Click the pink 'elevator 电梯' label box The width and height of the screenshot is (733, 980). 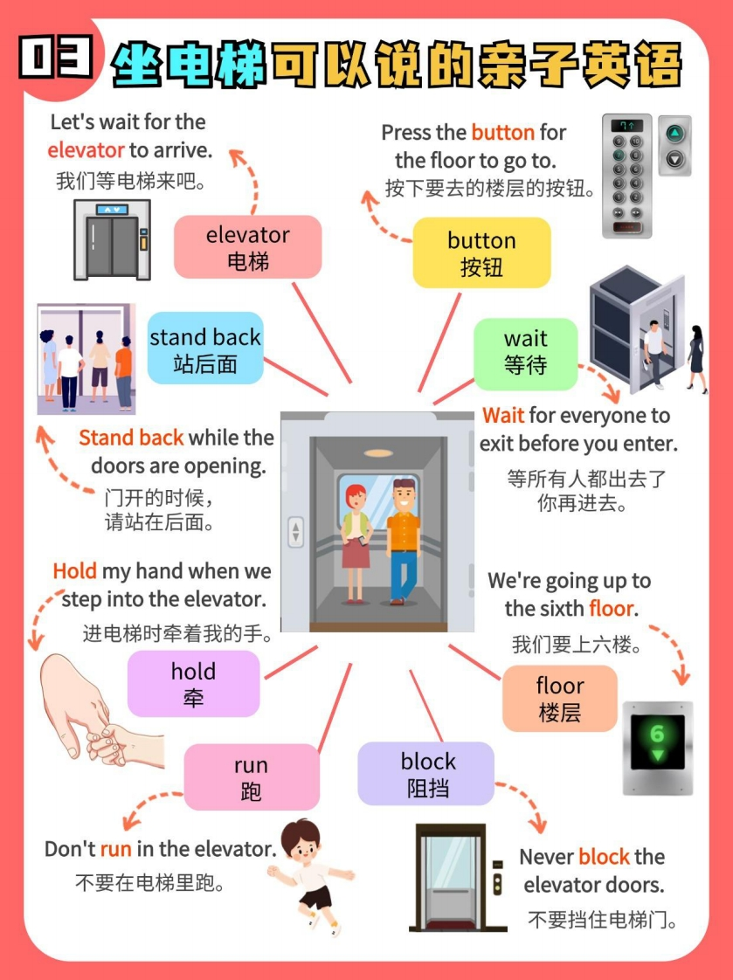(x=247, y=247)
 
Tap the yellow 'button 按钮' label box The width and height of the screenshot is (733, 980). (x=481, y=252)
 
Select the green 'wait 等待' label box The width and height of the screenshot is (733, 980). (x=525, y=352)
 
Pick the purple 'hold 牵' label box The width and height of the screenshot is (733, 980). (x=193, y=684)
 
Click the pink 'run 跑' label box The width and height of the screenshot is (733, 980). (x=251, y=777)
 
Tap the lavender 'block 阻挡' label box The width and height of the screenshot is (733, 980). (x=427, y=774)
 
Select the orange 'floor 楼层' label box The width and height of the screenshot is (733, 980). (x=559, y=699)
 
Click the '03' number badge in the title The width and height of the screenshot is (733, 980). (x=57, y=59)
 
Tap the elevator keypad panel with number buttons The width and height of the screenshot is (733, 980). (x=626, y=175)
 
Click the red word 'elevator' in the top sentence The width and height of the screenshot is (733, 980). (x=86, y=150)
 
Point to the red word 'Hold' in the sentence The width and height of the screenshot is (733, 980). (x=74, y=571)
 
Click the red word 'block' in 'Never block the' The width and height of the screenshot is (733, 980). (x=604, y=857)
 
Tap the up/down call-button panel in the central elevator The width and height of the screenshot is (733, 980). (x=296, y=532)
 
